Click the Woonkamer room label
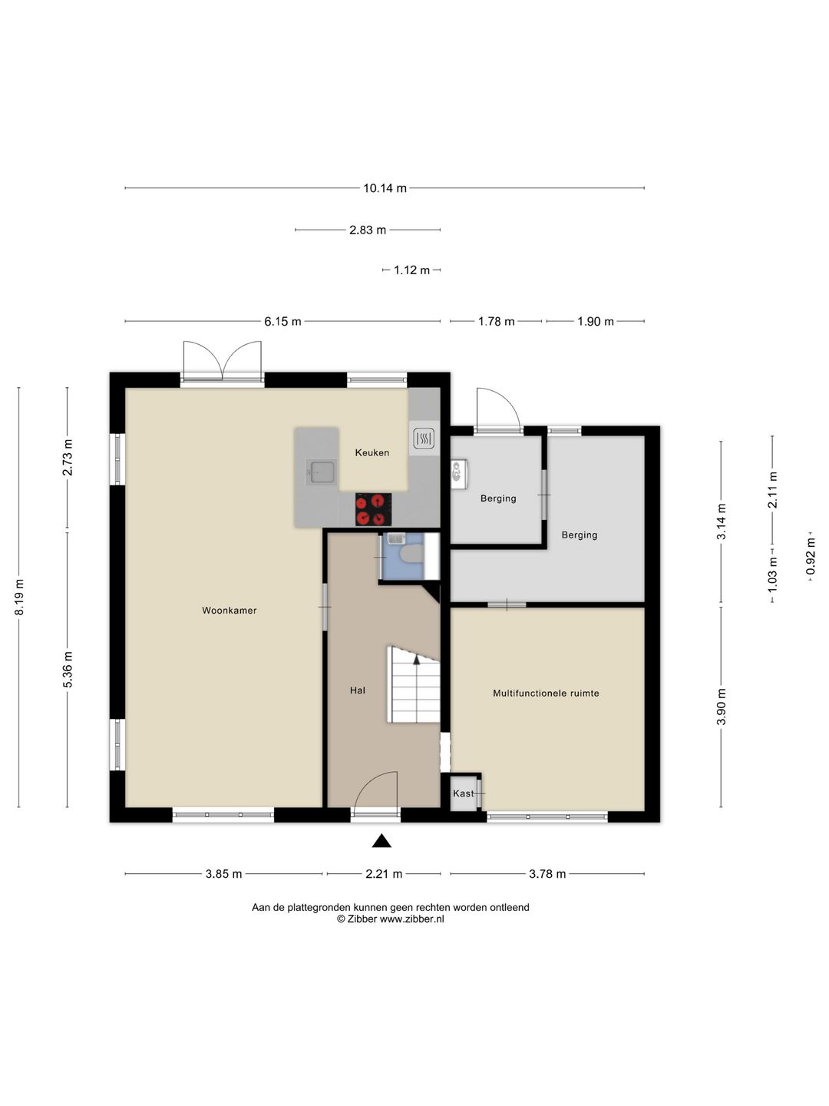point(229,610)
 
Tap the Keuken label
point(372,452)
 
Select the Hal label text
point(358,690)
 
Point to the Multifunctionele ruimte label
point(546,694)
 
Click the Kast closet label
point(463,793)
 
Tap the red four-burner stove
point(374,509)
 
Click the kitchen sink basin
point(321,472)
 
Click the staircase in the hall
point(414,685)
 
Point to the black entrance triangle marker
point(381,841)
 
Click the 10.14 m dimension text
point(385,188)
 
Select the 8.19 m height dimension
point(19,598)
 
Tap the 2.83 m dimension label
point(368,230)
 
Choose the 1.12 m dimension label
point(411,270)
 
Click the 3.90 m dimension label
point(722,707)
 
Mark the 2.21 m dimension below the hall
point(384,874)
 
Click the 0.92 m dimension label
point(811,556)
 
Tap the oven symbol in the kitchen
point(424,439)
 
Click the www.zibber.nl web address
point(411,919)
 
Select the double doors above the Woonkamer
point(223,360)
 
